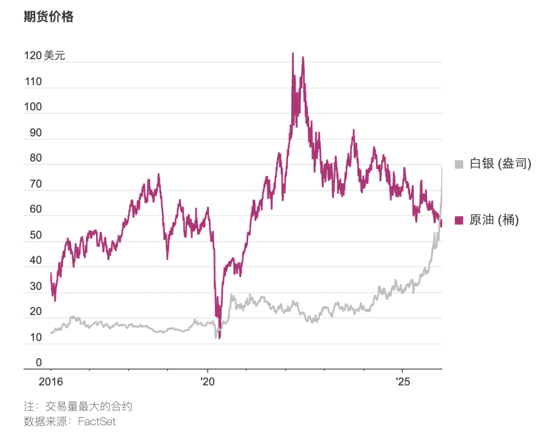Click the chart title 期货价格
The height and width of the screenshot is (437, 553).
[x=49, y=17]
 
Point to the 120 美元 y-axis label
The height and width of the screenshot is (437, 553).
[x=44, y=56]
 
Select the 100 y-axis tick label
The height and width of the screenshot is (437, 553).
[x=33, y=107]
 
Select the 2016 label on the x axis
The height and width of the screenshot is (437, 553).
[x=51, y=382]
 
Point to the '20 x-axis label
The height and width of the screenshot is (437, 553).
[x=207, y=382]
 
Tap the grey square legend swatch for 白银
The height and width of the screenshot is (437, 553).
[x=460, y=164]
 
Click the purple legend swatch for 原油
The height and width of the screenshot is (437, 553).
[x=460, y=220]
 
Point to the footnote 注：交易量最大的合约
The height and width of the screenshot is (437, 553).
[x=78, y=406]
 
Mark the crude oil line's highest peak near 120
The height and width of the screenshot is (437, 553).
[x=293, y=53]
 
